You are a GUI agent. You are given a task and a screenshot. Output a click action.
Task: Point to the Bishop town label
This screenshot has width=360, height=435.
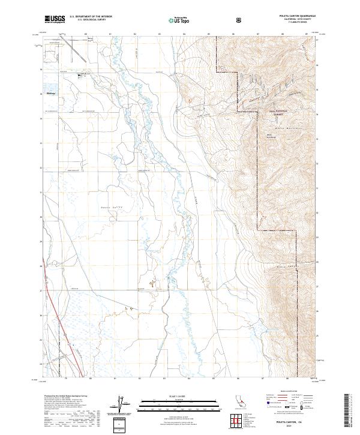click(50, 94)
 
